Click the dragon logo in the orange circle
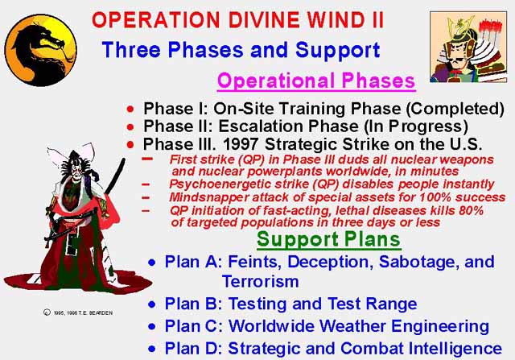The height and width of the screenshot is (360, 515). (x=41, y=50)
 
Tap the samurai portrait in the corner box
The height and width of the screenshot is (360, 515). (x=468, y=47)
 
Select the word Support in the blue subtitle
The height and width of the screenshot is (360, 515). (x=338, y=50)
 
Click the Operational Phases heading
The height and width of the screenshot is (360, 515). (x=316, y=81)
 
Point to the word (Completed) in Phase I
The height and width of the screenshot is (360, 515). (x=455, y=109)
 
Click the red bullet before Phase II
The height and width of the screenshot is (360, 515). (x=130, y=126)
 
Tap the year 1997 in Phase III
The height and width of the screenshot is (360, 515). (x=241, y=144)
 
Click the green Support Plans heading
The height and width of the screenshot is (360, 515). (x=329, y=239)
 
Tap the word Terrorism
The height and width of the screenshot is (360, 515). (x=261, y=282)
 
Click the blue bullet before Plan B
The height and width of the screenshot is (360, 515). (x=152, y=304)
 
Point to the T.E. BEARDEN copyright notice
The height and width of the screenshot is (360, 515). (x=78, y=312)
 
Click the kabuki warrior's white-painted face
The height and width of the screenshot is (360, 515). (x=76, y=172)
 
